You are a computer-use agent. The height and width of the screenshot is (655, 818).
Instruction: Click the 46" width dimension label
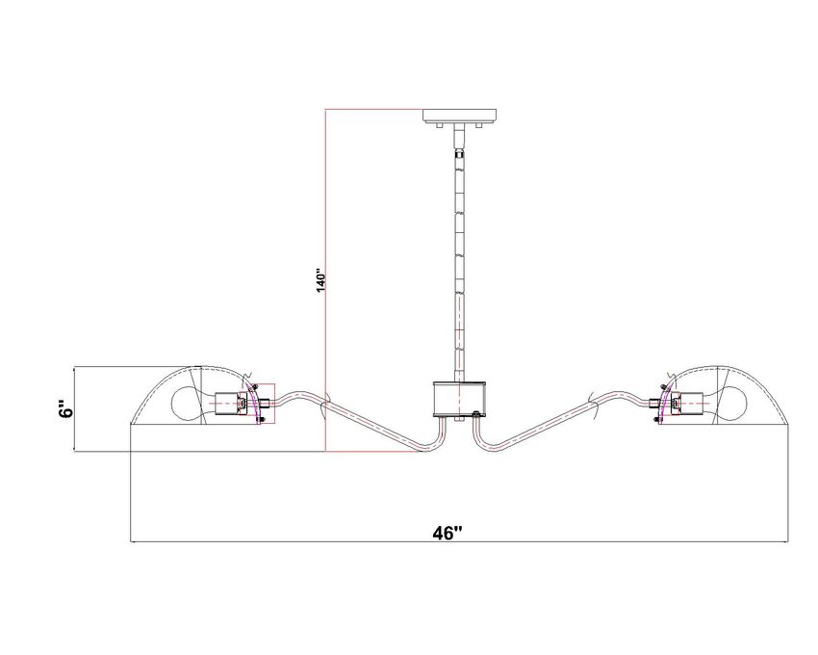click(447, 533)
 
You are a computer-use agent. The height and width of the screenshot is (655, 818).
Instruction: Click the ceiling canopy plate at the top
click(459, 116)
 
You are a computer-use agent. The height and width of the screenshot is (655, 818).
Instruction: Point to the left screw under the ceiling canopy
click(439, 125)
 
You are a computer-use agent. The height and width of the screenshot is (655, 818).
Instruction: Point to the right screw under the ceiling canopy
click(480, 125)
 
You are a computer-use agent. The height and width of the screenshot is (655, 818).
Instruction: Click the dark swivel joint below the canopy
click(459, 153)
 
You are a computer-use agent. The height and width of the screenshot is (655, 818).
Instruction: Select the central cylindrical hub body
click(460, 400)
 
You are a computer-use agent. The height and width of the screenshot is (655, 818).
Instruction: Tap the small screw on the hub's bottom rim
click(475, 414)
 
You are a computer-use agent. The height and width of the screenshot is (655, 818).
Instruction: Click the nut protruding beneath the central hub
click(459, 419)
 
